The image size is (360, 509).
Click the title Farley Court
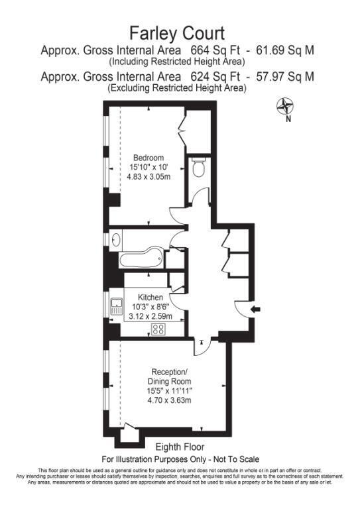pyautogui.click(x=177, y=33)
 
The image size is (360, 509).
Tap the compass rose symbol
pyautogui.click(x=284, y=106)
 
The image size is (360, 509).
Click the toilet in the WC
pyautogui.click(x=198, y=167)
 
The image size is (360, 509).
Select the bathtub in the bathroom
pyautogui.click(x=141, y=258)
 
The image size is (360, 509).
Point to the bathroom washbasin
pyautogui.click(x=116, y=239)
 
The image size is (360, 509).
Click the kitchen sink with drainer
pyautogui.click(x=116, y=307)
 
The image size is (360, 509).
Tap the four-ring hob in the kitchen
pyautogui.click(x=158, y=329)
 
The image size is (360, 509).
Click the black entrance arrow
pyautogui.click(x=255, y=310)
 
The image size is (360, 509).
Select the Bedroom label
pyautogui.click(x=149, y=158)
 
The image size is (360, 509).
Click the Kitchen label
pyautogui.click(x=150, y=298)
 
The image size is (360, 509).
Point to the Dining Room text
pyautogui.click(x=170, y=382)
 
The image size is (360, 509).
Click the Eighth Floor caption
pyautogui.click(x=180, y=447)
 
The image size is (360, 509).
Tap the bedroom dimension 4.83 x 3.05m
pyautogui.click(x=149, y=177)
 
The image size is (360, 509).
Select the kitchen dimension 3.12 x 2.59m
pyautogui.click(x=150, y=316)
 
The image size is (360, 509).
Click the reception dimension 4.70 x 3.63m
pyautogui.click(x=169, y=400)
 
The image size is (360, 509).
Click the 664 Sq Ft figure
pyautogui.click(x=215, y=50)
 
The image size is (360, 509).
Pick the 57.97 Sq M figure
pyautogui.click(x=285, y=77)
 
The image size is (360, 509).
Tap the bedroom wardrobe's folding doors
pyautogui.click(x=182, y=130)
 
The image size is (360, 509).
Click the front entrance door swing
pyautogui.click(x=242, y=308)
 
